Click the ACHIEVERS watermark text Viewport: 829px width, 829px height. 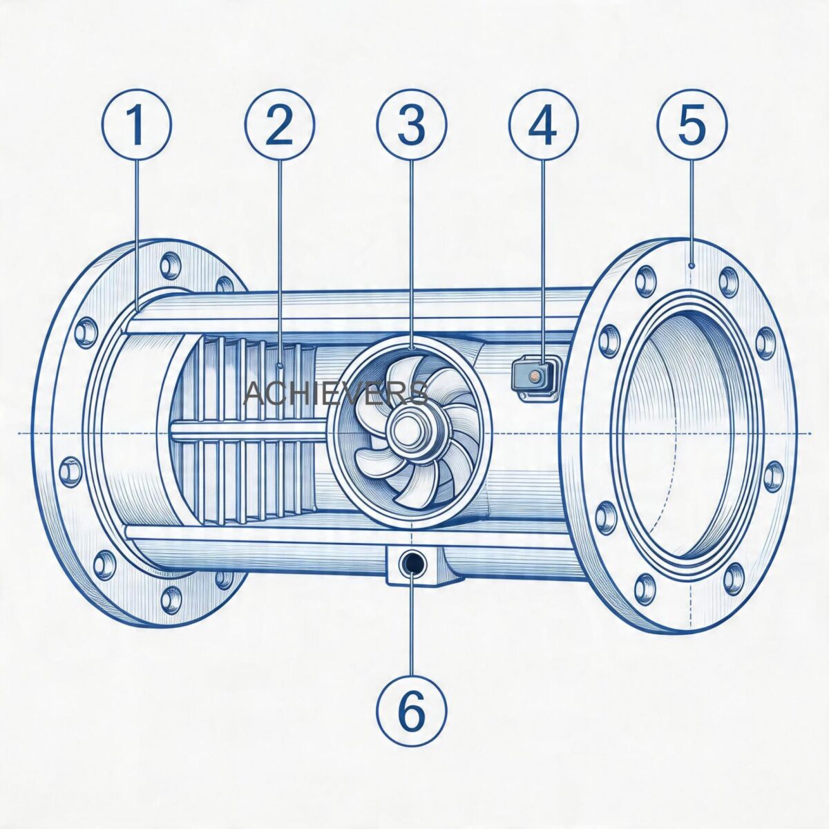[336, 393]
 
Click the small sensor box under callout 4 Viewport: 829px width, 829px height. [535, 375]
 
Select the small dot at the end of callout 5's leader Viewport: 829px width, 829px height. [692, 265]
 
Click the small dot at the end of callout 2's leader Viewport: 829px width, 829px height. [279, 365]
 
